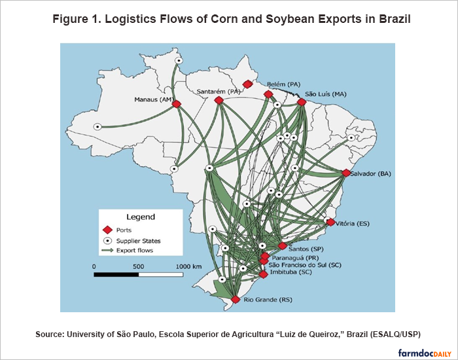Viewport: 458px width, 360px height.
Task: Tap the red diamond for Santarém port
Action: coord(220,100)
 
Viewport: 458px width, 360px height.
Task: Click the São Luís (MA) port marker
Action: coord(302,102)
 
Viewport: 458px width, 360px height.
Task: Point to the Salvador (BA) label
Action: coord(370,173)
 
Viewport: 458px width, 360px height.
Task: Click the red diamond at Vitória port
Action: coord(330,223)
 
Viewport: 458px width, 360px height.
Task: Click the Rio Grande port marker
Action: coord(236,300)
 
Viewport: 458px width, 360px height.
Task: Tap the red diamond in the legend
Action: coord(108,230)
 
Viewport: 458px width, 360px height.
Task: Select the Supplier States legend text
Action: coord(139,241)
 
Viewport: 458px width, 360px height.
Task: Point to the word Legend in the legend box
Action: coord(140,217)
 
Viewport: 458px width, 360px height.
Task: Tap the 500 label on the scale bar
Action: coord(139,266)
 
